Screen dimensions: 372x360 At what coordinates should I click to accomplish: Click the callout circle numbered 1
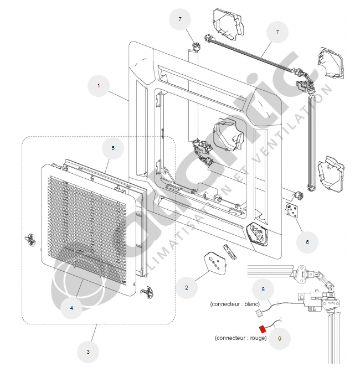tap(99, 86)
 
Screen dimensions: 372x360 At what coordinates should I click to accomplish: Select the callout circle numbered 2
tap(187, 287)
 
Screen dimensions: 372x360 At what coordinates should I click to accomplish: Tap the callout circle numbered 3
tap(88, 351)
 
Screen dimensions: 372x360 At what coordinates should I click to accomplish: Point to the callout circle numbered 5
tap(113, 148)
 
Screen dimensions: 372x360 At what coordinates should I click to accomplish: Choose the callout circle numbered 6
tap(308, 242)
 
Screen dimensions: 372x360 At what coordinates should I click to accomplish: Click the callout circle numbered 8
tap(264, 289)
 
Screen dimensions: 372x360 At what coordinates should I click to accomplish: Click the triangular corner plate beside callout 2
tap(214, 262)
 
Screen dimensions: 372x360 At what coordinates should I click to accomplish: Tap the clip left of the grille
tap(30, 239)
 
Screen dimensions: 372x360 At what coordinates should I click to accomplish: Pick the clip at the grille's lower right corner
tap(147, 290)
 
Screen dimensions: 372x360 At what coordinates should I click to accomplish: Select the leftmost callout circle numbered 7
tap(180, 19)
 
